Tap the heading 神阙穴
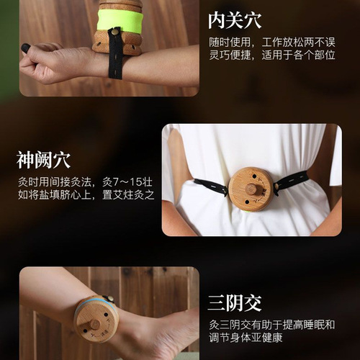(x=45, y=158)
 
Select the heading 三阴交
(x=235, y=302)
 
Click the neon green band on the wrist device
(x=120, y=20)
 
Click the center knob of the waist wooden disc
(x=251, y=189)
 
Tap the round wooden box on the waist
(x=251, y=189)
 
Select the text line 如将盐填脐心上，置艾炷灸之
(x=86, y=194)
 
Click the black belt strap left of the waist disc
(x=210, y=186)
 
